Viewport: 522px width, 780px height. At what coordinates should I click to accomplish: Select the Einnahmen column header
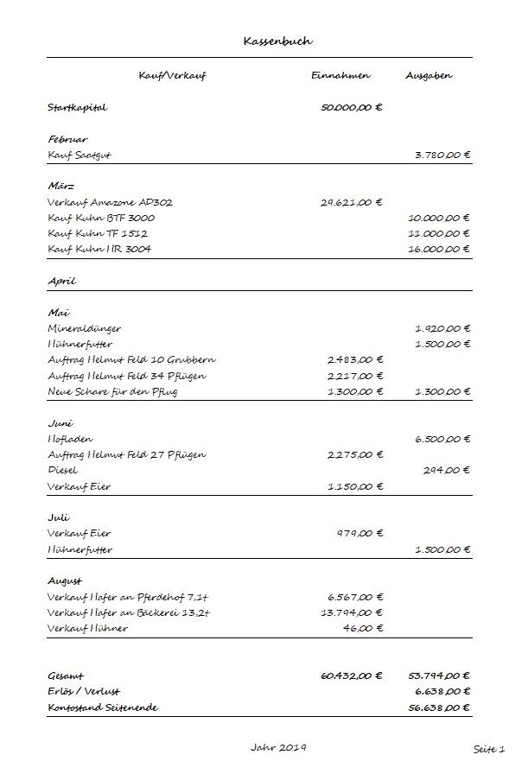(341, 76)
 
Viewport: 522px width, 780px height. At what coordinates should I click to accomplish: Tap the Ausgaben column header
(429, 76)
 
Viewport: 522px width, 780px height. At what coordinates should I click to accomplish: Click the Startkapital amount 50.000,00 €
(351, 109)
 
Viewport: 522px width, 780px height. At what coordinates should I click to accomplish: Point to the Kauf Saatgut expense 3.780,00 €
(442, 155)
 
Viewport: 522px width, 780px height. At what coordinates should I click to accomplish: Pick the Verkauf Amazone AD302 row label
(111, 202)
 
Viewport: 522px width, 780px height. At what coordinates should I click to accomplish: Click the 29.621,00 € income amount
(351, 202)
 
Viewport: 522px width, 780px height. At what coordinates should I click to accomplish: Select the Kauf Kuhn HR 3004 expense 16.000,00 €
(439, 249)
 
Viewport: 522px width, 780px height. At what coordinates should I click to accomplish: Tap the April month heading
(62, 281)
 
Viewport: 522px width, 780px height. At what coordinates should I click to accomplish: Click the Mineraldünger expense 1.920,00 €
(442, 328)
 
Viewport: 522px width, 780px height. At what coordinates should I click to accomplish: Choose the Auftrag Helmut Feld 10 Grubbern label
(131, 359)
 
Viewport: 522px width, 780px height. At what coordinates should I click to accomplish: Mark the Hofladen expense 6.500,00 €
(442, 439)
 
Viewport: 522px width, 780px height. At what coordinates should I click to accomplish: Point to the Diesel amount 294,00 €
(448, 471)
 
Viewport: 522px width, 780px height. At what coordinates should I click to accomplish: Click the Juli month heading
(58, 517)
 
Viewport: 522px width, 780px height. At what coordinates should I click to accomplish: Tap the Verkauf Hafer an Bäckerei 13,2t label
(130, 612)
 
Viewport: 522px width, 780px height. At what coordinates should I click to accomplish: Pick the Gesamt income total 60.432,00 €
(351, 676)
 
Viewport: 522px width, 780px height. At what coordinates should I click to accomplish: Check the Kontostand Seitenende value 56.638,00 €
(439, 707)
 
